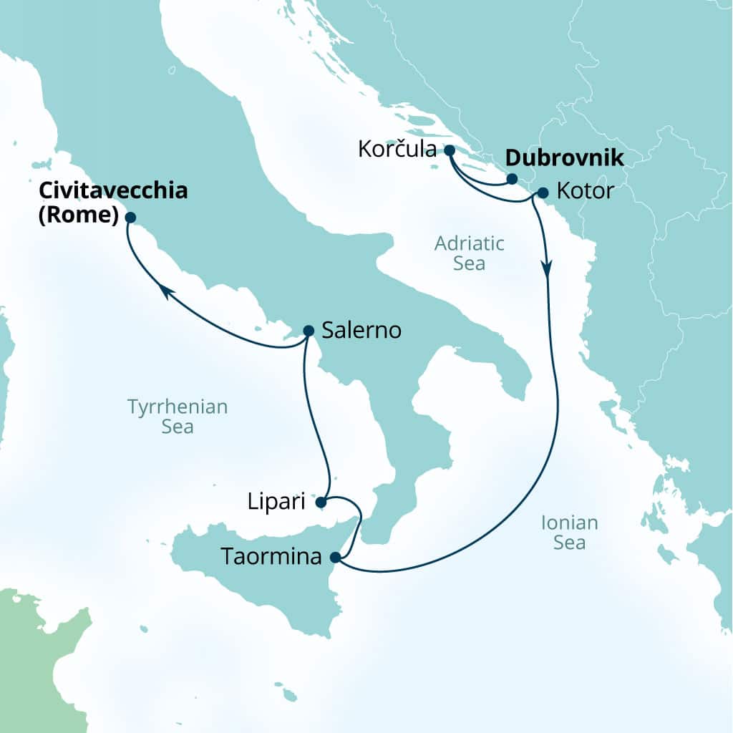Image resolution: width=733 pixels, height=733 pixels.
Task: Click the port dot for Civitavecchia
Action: tap(130, 217)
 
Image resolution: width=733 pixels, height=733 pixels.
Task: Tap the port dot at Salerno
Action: tap(309, 331)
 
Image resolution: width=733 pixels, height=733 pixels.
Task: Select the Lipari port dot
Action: tap(321, 502)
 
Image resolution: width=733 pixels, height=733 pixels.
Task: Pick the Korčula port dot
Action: tap(449, 150)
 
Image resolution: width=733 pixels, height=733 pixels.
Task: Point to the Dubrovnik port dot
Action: tap(512, 179)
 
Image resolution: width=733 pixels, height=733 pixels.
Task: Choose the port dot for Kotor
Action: tap(542, 193)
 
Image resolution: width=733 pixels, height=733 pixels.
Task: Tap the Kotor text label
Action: tap(585, 193)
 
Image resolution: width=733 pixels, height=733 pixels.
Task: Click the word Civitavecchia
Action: tap(113, 190)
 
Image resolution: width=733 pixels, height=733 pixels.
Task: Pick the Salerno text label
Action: tap(361, 331)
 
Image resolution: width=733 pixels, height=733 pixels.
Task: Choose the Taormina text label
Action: tap(271, 557)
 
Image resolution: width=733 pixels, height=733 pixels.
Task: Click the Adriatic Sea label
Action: tap(470, 253)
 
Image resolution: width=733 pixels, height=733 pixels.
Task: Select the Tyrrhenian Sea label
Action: tap(178, 417)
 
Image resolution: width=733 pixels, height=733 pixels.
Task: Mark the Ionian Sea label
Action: tap(570, 533)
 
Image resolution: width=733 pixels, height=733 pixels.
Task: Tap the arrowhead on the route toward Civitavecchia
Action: tap(165, 290)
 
